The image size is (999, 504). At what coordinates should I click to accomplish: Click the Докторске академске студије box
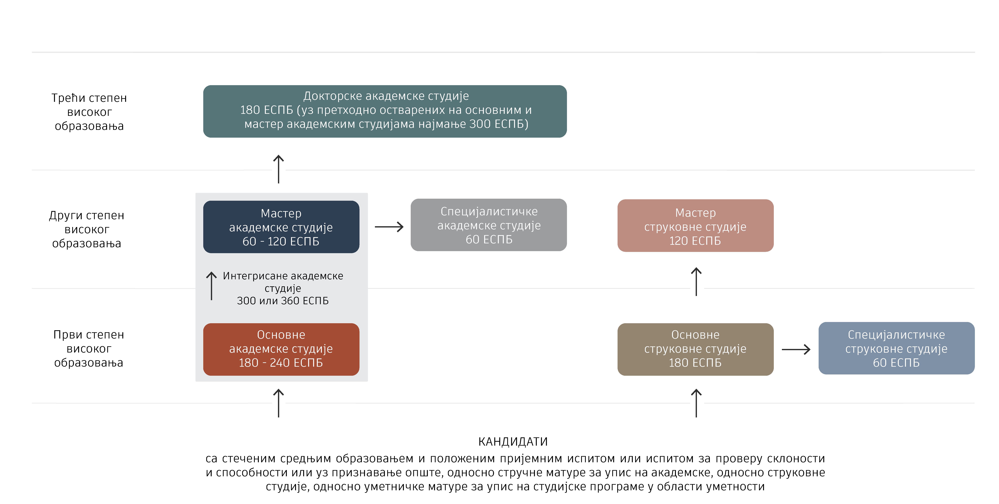[x=385, y=111]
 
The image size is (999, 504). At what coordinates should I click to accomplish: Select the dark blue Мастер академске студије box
[x=281, y=227]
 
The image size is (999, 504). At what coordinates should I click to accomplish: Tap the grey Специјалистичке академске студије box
[x=489, y=225]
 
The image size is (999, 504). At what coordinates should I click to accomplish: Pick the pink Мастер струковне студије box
[x=695, y=226]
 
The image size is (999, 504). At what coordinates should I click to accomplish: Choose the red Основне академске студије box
[x=281, y=349]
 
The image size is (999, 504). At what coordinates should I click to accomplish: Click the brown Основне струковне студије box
[x=695, y=349]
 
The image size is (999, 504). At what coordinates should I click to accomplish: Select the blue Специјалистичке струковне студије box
[x=896, y=348]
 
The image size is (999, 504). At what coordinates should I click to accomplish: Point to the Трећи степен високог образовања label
[x=89, y=112]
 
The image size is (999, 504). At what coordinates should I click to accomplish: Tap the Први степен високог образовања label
[x=89, y=348]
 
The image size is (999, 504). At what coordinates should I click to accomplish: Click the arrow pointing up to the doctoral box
[x=278, y=169]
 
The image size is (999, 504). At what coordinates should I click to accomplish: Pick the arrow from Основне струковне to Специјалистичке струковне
[x=796, y=349]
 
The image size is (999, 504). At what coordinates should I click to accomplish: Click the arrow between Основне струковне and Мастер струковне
[x=696, y=282]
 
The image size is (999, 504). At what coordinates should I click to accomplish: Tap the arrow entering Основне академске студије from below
[x=278, y=403]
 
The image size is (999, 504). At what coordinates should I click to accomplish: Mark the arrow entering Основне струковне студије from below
[x=696, y=403]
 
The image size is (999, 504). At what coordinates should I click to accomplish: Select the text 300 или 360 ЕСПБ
[x=283, y=301]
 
